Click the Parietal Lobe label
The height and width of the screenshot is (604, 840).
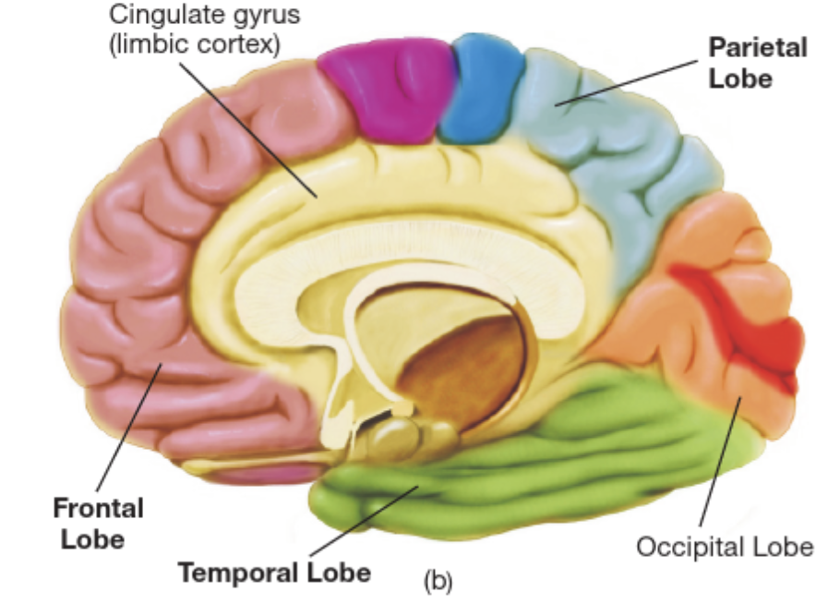tap(757, 62)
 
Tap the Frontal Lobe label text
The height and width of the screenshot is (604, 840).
tap(98, 523)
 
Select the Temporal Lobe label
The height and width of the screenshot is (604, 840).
tap(274, 572)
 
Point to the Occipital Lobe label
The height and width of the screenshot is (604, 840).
tap(725, 547)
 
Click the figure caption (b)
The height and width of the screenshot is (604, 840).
tap(438, 581)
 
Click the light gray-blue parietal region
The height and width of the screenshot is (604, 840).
tap(609, 166)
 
